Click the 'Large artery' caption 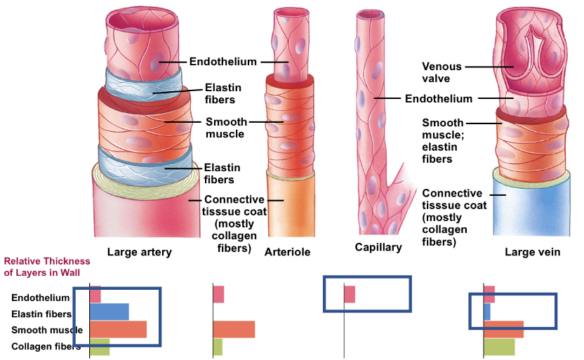139,252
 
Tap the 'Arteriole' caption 288,252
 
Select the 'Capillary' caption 378,247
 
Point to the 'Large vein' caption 533,252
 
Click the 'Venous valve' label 442,72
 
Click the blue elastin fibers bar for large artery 109,312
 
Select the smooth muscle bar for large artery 118,329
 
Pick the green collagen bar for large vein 499,347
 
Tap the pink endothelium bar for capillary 350,294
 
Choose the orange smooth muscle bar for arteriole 234,329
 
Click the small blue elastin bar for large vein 487,312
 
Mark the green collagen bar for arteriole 218,347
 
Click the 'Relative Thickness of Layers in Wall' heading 42,267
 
